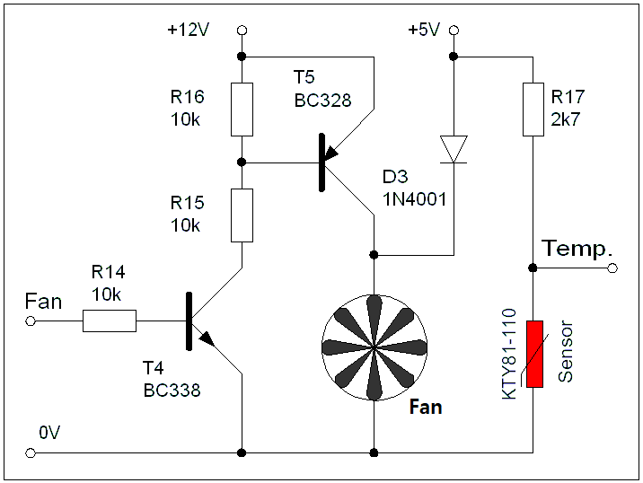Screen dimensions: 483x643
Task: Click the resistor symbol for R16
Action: click(x=242, y=109)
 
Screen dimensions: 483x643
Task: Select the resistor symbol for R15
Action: click(x=242, y=215)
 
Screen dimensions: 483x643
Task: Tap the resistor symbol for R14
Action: click(x=110, y=321)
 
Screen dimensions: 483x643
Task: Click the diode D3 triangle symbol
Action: click(x=454, y=149)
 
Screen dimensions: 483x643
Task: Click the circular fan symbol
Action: click(x=374, y=346)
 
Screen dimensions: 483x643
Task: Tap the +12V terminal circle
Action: click(x=242, y=31)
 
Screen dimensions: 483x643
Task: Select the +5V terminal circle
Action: click(x=454, y=31)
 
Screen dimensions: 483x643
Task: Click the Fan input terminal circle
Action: click(x=31, y=321)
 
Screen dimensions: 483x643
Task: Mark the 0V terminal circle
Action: click(x=31, y=453)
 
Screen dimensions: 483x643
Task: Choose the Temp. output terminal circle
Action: click(x=612, y=268)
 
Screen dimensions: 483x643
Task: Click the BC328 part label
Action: click(x=322, y=101)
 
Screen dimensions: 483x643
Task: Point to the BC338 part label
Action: click(x=172, y=391)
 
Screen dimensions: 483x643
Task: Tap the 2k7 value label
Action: click(x=566, y=117)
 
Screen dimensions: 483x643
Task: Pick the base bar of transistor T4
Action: click(x=189, y=321)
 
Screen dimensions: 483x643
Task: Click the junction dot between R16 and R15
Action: click(x=242, y=162)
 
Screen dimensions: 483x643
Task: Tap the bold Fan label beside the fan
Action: click(x=426, y=408)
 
